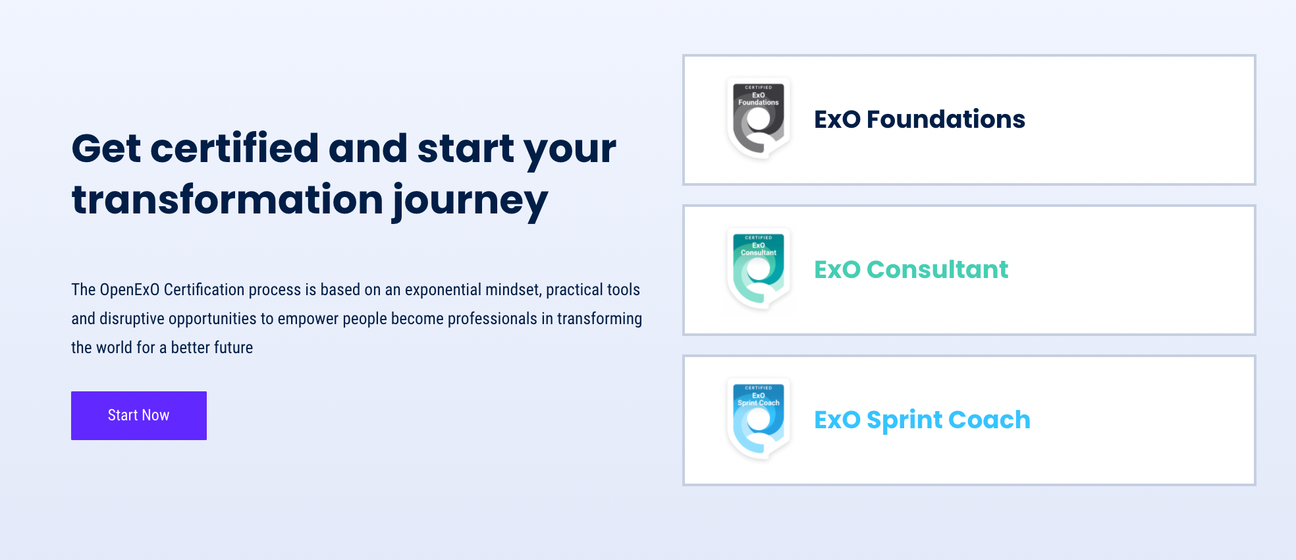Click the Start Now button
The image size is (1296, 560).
pos(139,416)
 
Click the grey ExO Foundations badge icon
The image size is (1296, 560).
pos(759,119)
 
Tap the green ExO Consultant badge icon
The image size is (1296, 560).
pos(759,269)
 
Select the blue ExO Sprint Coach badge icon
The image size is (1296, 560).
pos(759,419)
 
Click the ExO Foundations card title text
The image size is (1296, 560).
pos(919,119)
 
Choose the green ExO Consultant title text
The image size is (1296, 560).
pos(911,269)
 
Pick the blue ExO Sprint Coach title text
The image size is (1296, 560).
pos(922,420)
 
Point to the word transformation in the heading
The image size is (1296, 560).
pos(227,200)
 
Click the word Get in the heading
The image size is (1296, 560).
pos(106,148)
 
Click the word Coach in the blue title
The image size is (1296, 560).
pos(989,420)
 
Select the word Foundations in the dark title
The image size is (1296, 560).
pos(946,119)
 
